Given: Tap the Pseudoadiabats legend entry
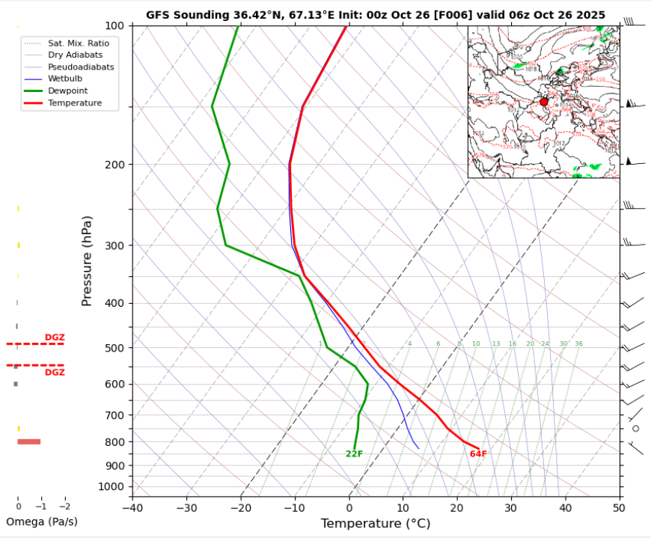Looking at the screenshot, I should (81, 67).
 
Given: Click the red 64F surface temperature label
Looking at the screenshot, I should (478, 454).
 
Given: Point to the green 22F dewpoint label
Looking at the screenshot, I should (354, 454).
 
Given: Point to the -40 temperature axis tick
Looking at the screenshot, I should (132, 508).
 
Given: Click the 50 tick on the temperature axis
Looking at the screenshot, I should (619, 508).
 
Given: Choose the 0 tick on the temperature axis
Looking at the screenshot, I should (349, 508).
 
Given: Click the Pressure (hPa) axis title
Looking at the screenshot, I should (88, 260).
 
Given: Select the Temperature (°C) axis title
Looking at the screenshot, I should (375, 525).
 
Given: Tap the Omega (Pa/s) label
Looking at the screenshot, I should (42, 522).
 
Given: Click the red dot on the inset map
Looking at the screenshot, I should (544, 102).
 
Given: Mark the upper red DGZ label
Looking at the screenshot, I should (55, 337).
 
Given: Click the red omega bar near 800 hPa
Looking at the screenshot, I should (29, 441).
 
